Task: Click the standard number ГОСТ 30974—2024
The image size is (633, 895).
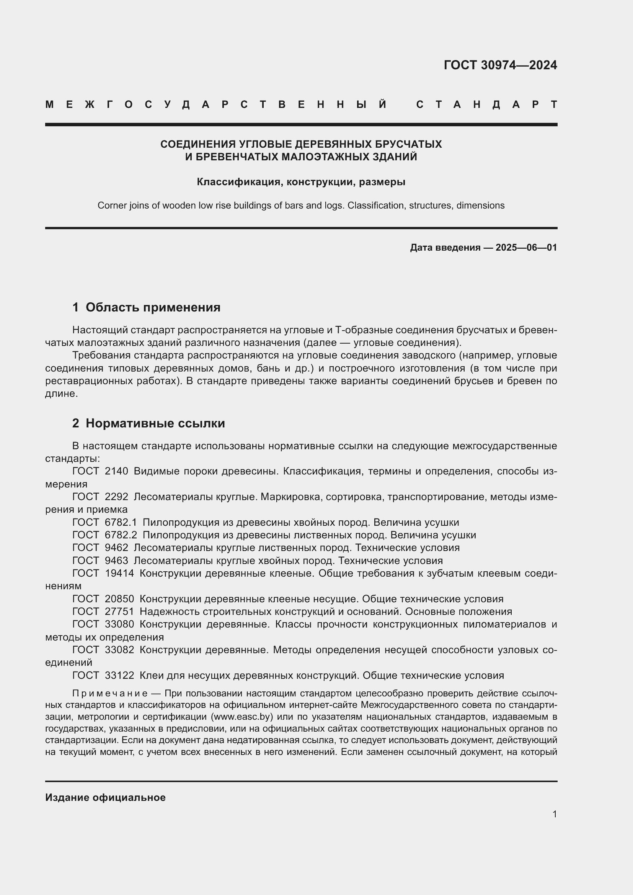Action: point(500,65)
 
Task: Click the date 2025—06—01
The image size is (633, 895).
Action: point(526,248)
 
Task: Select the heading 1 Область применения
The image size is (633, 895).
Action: point(146,307)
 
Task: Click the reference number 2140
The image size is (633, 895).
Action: point(116,471)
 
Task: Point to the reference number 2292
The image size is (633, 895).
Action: point(116,497)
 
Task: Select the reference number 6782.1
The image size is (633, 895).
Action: point(121,522)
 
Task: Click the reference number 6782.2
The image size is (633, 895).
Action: point(121,535)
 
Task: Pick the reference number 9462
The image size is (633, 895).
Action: point(116,547)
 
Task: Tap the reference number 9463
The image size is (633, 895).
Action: point(116,561)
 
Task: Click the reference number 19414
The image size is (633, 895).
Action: point(119,573)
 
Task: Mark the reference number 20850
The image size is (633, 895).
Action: point(119,599)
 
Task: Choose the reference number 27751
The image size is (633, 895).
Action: point(119,611)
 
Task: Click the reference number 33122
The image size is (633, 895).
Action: point(119,675)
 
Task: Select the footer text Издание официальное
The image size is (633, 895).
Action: point(105,797)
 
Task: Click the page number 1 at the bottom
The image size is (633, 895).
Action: point(554,814)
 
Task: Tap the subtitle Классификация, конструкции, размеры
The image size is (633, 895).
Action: point(301,182)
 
